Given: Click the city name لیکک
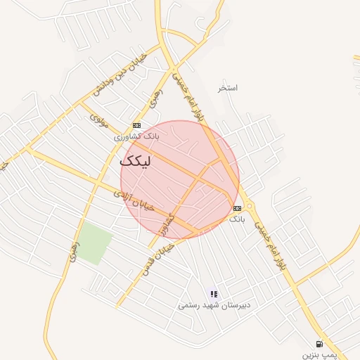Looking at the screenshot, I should [150, 160].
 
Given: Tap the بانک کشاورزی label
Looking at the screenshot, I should [137, 136].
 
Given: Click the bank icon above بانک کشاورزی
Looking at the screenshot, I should [136, 125].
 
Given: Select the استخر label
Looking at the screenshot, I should [228, 88].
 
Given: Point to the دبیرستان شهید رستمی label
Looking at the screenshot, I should [213, 305].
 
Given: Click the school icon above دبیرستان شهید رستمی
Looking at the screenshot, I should [213, 294].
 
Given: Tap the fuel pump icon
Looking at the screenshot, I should [320, 344].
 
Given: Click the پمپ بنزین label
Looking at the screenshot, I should [321, 354].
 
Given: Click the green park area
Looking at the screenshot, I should [94, 243].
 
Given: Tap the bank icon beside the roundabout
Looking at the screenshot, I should [238, 207].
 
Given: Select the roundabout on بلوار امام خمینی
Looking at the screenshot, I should [250, 206].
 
